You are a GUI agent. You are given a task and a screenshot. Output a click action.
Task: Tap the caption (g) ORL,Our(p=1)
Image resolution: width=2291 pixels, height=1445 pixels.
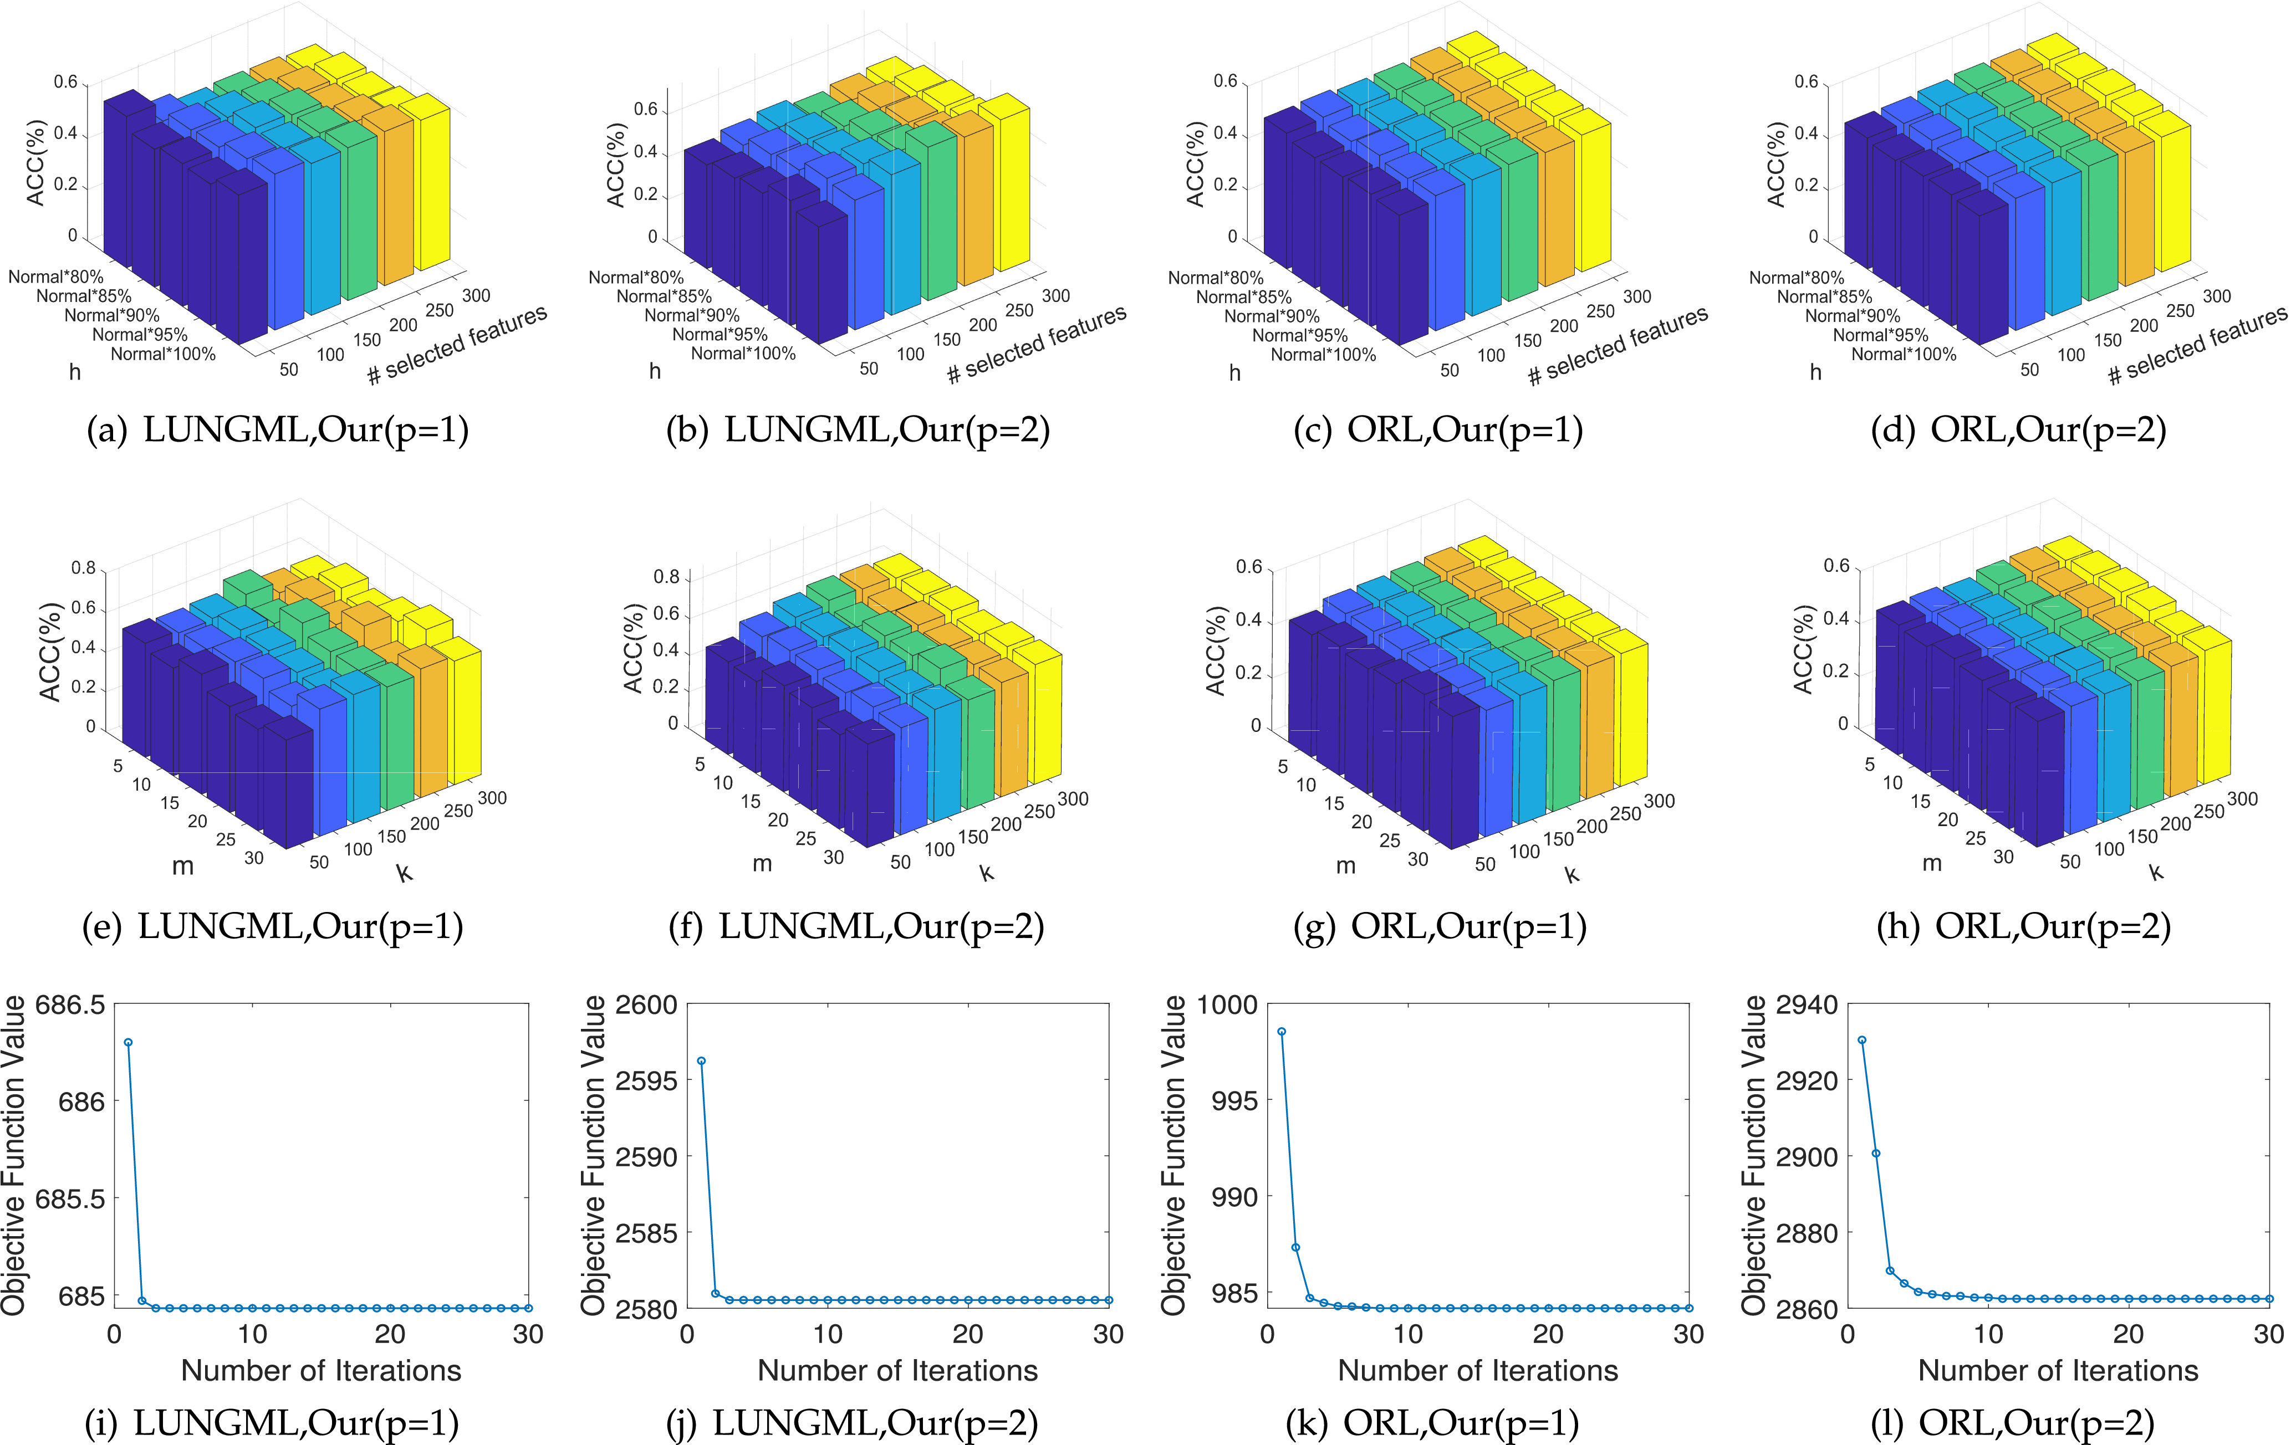point(1440,926)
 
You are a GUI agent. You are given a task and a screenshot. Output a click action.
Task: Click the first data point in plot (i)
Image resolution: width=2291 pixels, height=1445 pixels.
point(129,1043)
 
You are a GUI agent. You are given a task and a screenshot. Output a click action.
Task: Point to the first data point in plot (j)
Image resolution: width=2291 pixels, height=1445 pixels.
point(701,1060)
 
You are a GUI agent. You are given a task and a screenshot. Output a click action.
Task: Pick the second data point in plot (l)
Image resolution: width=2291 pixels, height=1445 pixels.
point(1876,1153)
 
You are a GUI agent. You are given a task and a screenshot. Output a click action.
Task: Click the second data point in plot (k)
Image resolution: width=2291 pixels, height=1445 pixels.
point(1296,1247)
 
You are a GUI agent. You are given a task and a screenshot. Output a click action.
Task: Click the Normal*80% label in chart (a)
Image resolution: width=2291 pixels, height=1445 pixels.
point(55,277)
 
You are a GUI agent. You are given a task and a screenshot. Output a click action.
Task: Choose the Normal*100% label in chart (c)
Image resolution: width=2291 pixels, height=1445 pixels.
point(1323,355)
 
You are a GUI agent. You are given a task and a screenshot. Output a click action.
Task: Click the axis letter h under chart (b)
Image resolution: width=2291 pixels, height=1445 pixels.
point(655,371)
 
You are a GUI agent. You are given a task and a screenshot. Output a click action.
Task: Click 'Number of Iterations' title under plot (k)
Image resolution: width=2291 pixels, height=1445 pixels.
point(1478,1371)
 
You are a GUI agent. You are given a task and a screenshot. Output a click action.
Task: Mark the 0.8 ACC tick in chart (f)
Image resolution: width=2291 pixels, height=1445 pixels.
point(666,576)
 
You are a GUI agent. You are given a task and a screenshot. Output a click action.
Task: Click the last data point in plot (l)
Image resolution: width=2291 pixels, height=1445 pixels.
point(2269,1299)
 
